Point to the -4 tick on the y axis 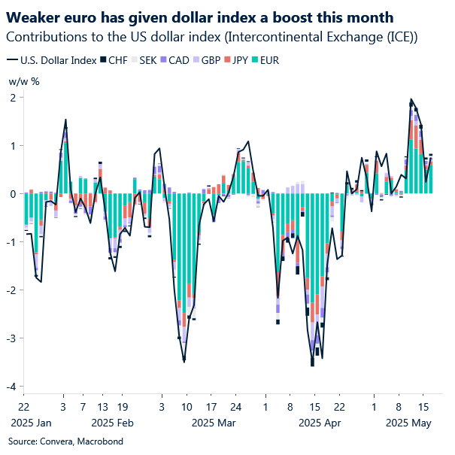point(13,387)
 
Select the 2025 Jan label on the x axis point(31,423)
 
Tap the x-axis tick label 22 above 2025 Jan point(24,407)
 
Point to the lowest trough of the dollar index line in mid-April point(312,366)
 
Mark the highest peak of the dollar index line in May point(411,99)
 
